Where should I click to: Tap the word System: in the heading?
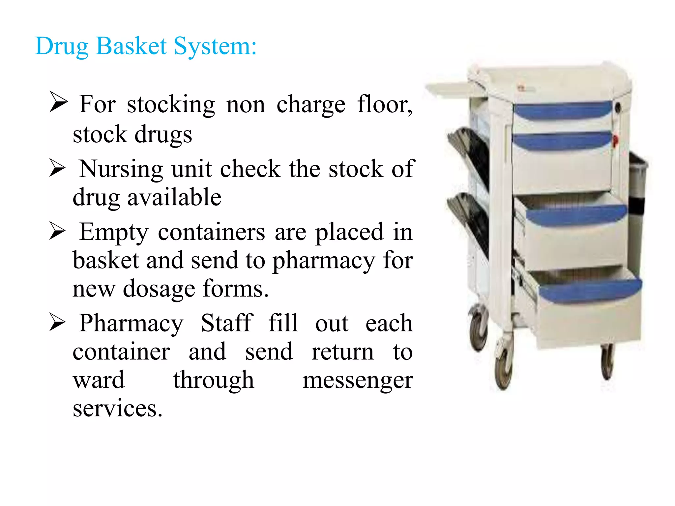[x=215, y=46]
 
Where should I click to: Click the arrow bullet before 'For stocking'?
[x=58, y=102]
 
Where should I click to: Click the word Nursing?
[x=121, y=169]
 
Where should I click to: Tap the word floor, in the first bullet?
[x=385, y=104]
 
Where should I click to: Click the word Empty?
[x=114, y=233]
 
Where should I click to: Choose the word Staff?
[x=227, y=323]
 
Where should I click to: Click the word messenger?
[x=358, y=380]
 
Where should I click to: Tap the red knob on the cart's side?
[x=615, y=140]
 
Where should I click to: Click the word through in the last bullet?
[x=214, y=380]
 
